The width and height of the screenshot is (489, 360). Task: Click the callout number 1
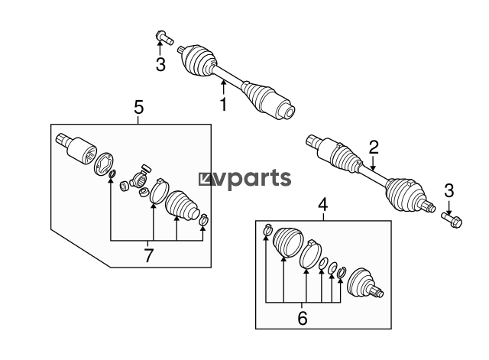coord(223,104)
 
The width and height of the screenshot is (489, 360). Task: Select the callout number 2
coord(374,148)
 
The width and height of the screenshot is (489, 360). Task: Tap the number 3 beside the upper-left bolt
coord(160,65)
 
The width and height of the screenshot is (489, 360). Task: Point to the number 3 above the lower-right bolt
coord(449,190)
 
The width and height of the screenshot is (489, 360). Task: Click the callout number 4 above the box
coord(323,205)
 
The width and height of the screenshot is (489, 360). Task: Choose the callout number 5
coord(138,107)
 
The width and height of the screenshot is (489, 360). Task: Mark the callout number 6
coord(303,318)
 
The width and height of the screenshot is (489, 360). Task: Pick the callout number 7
coord(149,255)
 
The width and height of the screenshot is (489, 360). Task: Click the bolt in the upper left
coord(164,37)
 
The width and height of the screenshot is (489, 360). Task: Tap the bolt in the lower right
coord(452,219)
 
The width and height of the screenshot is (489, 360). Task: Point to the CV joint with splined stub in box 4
coord(365,284)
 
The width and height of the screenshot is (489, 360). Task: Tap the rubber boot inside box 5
coord(182,204)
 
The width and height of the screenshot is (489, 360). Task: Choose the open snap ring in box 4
coord(342,273)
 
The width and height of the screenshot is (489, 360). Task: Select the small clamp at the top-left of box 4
coord(268,230)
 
